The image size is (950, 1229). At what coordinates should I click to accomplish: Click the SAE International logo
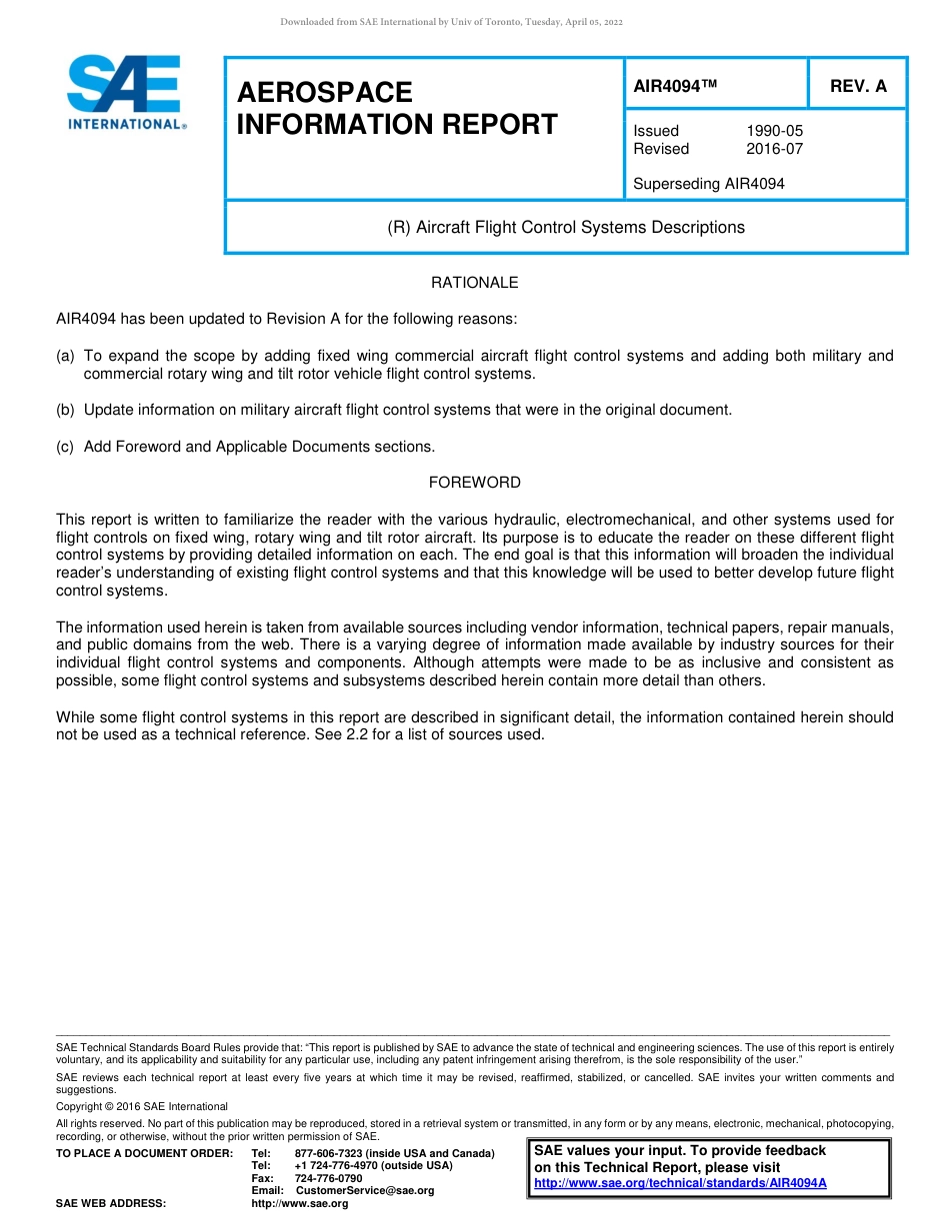click(125, 92)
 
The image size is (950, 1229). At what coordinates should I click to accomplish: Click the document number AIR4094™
click(676, 86)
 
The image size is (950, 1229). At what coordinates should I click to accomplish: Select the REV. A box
click(857, 86)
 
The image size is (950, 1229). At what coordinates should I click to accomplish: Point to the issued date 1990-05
click(774, 131)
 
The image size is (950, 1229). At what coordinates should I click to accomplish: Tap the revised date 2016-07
click(774, 149)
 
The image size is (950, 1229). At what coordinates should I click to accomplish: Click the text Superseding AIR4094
click(709, 184)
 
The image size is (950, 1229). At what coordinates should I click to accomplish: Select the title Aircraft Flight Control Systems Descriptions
click(566, 227)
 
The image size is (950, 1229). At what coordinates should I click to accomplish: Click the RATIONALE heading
click(474, 283)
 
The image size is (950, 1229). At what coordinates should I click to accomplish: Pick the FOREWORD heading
click(474, 483)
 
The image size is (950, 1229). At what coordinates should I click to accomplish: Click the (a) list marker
click(65, 356)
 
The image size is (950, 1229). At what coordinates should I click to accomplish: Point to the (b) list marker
click(65, 410)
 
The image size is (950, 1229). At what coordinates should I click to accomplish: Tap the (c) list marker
click(65, 447)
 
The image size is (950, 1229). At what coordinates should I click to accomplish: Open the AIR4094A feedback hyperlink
click(680, 1183)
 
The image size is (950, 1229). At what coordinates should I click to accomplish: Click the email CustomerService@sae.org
click(365, 1190)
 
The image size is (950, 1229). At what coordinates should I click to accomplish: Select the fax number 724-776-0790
click(328, 1178)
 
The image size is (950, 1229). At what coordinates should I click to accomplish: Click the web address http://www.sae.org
click(300, 1203)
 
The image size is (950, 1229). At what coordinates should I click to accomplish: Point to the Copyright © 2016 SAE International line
click(142, 1106)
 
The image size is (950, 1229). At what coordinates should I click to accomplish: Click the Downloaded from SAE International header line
click(451, 22)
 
